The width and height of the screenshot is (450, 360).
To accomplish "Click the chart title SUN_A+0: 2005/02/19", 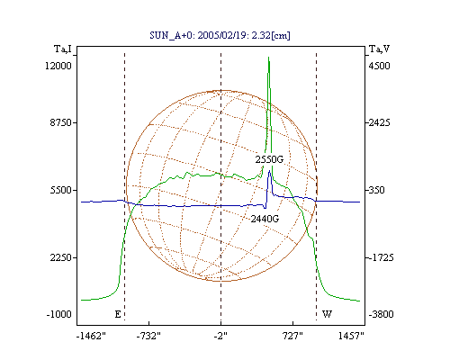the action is coord(199,35).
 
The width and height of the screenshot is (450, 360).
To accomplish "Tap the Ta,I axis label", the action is coord(63,49).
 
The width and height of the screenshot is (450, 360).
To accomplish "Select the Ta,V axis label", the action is coord(379,49).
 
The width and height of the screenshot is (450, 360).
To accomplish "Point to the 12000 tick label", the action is coord(58,66).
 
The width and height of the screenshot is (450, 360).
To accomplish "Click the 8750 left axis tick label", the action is coord(61,122).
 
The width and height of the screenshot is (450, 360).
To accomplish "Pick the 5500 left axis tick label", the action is coord(61,190).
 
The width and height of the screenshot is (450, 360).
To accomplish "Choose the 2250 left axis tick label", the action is coord(61,257).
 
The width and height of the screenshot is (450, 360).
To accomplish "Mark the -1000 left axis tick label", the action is coord(59,314).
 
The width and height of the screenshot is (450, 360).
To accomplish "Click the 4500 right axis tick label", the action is coord(379,66).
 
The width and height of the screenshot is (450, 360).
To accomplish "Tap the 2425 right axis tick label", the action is coord(379,122).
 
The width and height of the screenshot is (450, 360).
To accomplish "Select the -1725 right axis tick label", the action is coord(381,257).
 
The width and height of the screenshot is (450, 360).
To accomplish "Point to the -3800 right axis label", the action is coord(381,314).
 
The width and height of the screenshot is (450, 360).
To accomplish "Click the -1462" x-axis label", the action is coord(91,336).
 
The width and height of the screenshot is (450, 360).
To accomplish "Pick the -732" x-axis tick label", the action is coord(148,336).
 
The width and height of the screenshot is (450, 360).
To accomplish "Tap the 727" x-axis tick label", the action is coord(292,336).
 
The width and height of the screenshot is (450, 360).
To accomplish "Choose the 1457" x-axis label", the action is coord(351,336).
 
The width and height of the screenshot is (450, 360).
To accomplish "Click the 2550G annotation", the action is coord(269,159).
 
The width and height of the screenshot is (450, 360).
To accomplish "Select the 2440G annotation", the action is coord(265,219).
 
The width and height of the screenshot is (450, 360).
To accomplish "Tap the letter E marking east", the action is coord(118,314).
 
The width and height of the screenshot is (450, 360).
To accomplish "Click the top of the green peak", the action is coord(268,57).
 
